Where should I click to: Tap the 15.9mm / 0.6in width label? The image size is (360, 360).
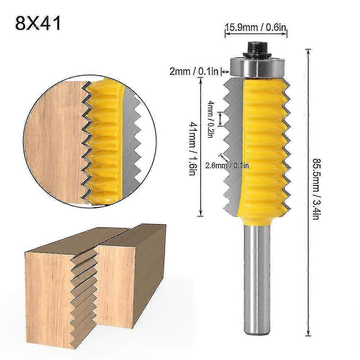(x=256, y=27)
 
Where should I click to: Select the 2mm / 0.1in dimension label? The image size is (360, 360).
(x=194, y=72)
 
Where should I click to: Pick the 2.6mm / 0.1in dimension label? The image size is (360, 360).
(x=227, y=166)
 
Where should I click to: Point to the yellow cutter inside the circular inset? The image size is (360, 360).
(x=104, y=140)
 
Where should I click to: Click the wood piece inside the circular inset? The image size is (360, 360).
(x=54, y=140)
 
